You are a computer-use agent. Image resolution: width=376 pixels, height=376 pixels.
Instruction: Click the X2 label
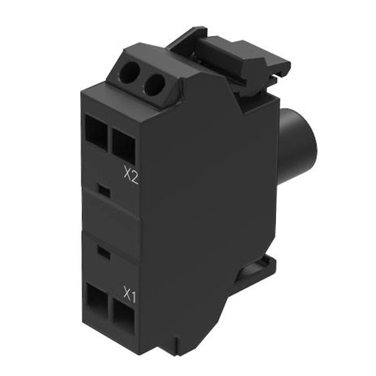(x=131, y=175)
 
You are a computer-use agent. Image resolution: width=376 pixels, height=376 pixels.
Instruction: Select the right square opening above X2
(x=123, y=145)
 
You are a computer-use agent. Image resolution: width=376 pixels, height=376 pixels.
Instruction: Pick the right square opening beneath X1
(x=123, y=318)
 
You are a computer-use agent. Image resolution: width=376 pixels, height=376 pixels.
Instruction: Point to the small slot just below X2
(x=103, y=189)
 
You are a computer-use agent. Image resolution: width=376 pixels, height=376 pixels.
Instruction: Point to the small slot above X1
(x=103, y=253)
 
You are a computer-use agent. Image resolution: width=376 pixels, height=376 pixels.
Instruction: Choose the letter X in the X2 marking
(x=127, y=175)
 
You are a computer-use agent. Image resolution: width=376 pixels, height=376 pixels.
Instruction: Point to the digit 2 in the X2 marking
(x=135, y=176)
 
